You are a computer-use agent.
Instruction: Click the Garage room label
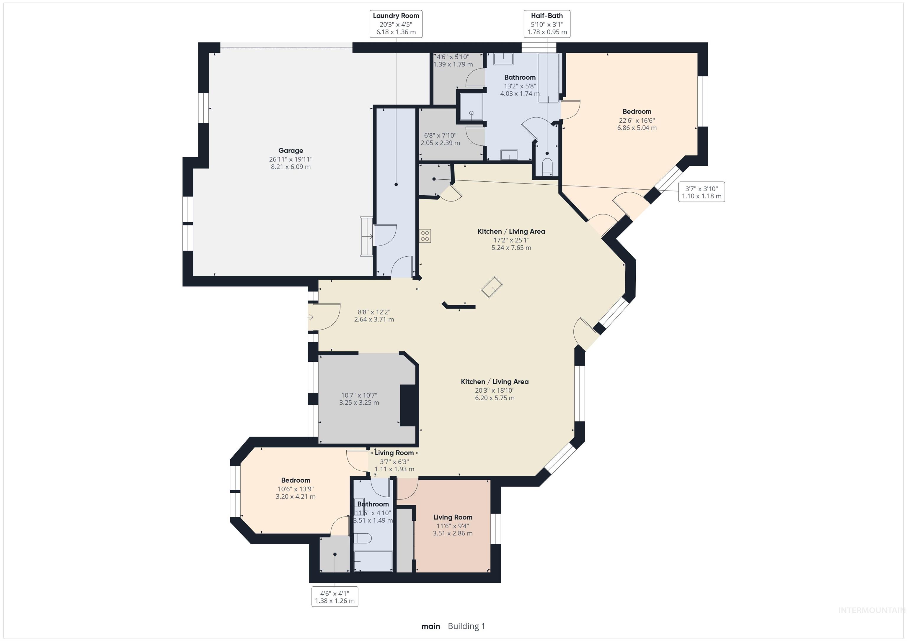click(291, 150)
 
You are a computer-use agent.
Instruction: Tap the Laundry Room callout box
click(396, 24)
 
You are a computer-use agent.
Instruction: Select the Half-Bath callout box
click(547, 24)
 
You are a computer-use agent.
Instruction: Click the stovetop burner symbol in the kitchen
click(425, 236)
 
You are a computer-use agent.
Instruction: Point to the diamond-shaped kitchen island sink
click(491, 287)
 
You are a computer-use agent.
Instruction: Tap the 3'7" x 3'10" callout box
click(701, 192)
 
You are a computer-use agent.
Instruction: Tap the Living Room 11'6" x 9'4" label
click(453, 525)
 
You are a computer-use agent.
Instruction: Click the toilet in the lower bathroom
click(363, 538)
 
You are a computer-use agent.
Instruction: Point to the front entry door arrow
click(310, 317)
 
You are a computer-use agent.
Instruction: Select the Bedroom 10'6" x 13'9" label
click(296, 488)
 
